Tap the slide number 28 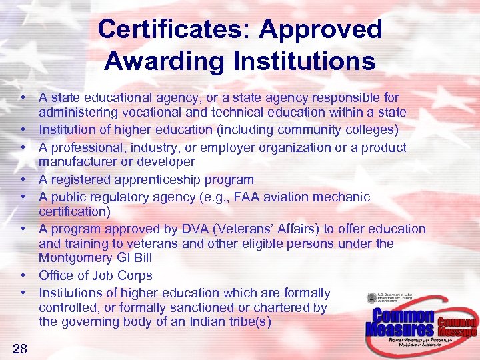click(x=19, y=347)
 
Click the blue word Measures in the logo click(x=399, y=329)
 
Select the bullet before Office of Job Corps click(x=23, y=275)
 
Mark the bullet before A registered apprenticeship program click(x=23, y=179)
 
